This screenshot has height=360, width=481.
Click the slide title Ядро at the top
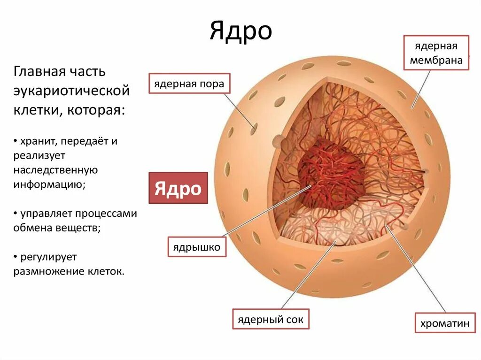240,31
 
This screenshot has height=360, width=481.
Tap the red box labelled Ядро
178,188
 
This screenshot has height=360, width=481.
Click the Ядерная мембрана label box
436,53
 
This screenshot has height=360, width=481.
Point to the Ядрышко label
197,247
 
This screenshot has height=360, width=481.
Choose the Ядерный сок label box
271,320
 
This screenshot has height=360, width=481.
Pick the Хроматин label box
444,323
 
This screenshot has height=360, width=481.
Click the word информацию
49,184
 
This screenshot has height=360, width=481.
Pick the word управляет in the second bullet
44,214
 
